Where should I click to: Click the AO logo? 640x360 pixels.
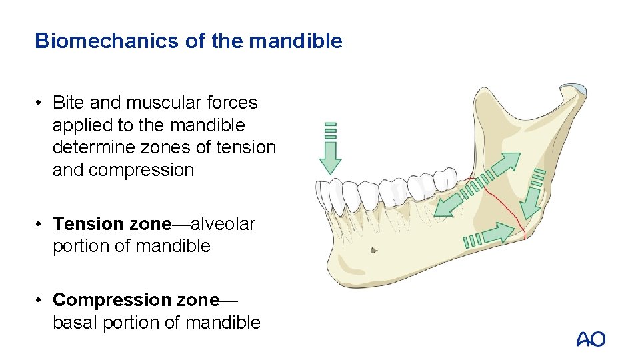tap(591, 339)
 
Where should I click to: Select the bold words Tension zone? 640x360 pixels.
tap(112, 224)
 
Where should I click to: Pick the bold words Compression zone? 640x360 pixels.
tap(136, 300)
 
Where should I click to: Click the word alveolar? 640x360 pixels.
tap(223, 224)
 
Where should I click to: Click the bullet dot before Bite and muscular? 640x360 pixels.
tap(40, 103)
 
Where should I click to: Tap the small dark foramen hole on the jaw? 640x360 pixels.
tap(373, 250)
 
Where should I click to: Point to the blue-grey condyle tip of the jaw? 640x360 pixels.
tap(573, 89)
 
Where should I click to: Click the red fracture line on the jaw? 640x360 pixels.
tap(507, 200)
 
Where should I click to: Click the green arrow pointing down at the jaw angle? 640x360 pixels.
tap(531, 200)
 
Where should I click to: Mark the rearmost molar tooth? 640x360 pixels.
tap(445, 178)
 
